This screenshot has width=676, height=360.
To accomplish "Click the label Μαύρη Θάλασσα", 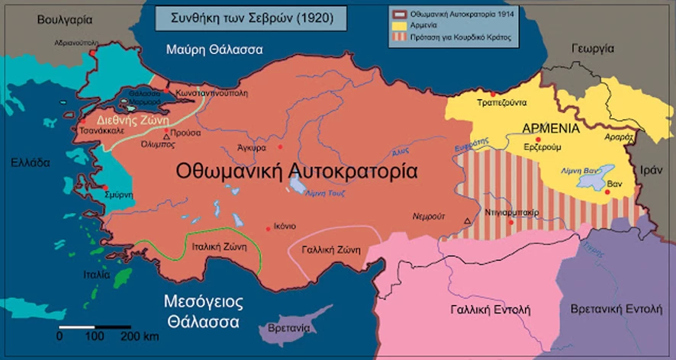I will [x=214, y=50].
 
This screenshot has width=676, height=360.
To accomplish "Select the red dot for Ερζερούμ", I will [x=538, y=140].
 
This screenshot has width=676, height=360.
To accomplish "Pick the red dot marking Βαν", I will [x=607, y=192].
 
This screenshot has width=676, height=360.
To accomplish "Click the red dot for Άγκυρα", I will [x=280, y=146].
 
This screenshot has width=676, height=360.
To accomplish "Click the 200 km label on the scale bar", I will [x=140, y=336].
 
